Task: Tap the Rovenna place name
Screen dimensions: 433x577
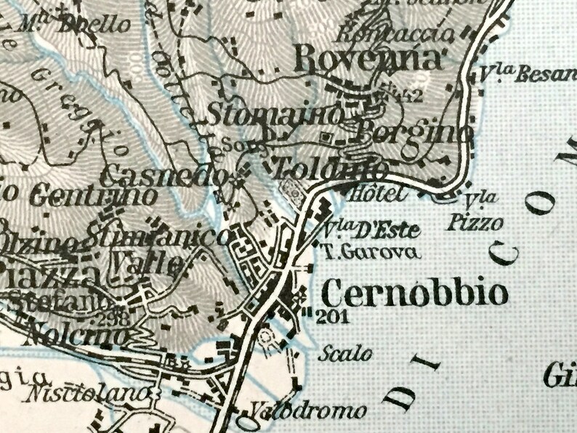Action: pyautogui.click(x=370, y=57)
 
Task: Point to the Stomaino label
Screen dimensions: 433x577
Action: pyautogui.click(x=275, y=114)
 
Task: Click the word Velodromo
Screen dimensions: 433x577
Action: pyautogui.click(x=310, y=411)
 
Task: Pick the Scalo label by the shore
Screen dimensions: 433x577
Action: pyautogui.click(x=345, y=354)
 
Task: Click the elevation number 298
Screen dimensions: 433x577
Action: pyautogui.click(x=113, y=317)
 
